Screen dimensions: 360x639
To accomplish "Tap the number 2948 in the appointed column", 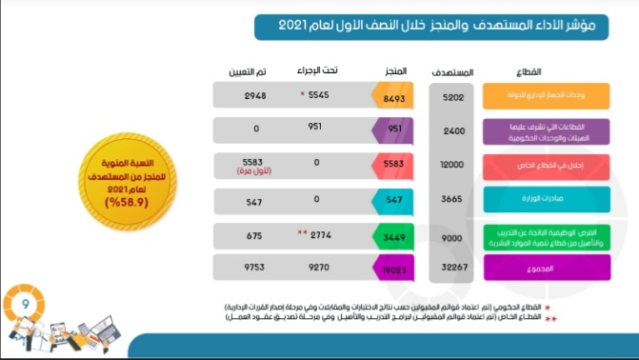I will click(252, 96).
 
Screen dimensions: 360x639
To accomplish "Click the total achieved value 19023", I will click(393, 270).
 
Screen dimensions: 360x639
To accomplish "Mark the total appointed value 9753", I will click(252, 270).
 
